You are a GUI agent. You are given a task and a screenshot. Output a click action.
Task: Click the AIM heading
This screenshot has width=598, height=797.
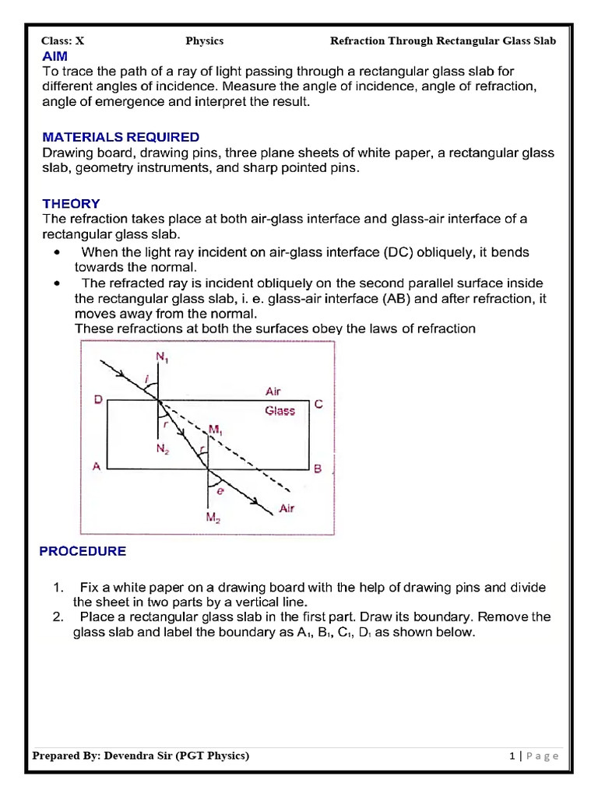coord(55,56)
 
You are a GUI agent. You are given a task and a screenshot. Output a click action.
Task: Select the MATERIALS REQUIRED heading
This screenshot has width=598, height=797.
coord(121,137)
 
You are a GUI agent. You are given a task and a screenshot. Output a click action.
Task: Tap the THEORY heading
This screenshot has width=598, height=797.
coord(71,204)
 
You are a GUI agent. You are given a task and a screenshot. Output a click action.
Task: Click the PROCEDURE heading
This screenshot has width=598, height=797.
coord(83,551)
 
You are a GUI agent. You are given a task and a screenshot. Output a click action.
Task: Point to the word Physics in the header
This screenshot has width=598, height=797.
coord(205,40)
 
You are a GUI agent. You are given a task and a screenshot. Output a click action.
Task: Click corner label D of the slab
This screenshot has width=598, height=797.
coord(98,399)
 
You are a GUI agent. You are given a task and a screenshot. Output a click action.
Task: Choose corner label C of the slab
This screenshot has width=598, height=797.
coord(318,405)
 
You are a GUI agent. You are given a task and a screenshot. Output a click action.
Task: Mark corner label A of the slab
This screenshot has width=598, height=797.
coord(97,466)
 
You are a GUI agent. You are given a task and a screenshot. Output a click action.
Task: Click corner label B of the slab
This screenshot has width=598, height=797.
coord(318,469)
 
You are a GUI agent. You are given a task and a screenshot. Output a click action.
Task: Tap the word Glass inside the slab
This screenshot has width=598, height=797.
coord(280,410)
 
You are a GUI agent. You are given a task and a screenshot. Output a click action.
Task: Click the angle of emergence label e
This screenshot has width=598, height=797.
coord(221,491)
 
